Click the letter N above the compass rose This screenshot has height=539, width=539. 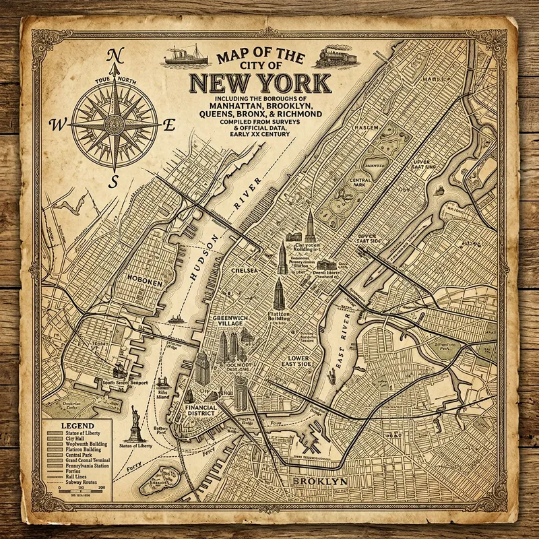click(115, 55)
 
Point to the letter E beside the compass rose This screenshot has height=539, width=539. click(170, 123)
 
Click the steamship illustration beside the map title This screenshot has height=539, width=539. click(187, 55)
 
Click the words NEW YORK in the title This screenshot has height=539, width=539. click(260, 84)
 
